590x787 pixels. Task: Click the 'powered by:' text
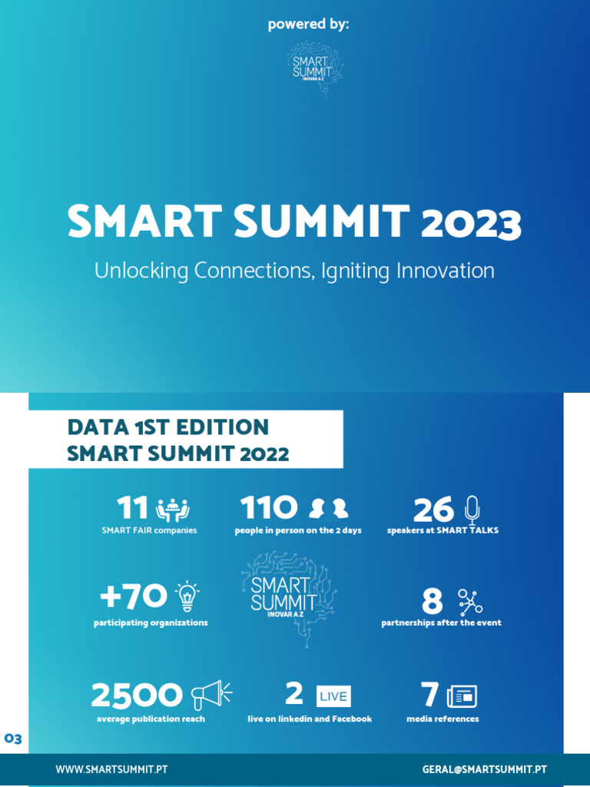click(308, 25)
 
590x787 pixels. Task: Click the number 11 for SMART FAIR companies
click(132, 508)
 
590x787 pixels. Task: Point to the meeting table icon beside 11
click(172, 510)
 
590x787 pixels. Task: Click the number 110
click(268, 508)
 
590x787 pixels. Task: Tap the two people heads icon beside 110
click(328, 509)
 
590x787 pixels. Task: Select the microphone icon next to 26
click(472, 510)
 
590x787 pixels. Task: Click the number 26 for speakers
click(433, 510)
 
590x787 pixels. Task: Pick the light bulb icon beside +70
click(187, 596)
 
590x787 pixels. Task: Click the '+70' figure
click(134, 596)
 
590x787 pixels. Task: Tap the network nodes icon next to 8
click(470, 603)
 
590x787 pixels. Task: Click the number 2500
click(137, 696)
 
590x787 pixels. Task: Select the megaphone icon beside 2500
click(210, 695)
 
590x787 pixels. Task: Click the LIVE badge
click(333, 696)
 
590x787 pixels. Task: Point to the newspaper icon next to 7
click(462, 696)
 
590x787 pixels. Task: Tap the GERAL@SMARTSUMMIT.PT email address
click(484, 769)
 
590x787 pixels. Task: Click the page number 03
click(13, 739)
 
